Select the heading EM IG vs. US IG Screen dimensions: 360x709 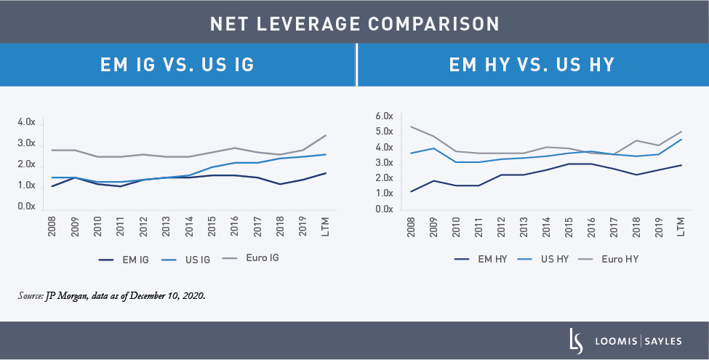click(177, 65)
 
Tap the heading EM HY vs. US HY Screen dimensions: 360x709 click(532, 65)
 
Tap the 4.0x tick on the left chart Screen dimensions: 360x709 click(26, 122)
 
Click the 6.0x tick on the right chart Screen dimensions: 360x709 click(383, 116)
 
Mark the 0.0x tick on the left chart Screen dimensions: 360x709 click(26, 207)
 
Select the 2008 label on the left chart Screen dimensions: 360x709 click(52, 225)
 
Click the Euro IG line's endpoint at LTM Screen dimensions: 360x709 click(325, 135)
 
